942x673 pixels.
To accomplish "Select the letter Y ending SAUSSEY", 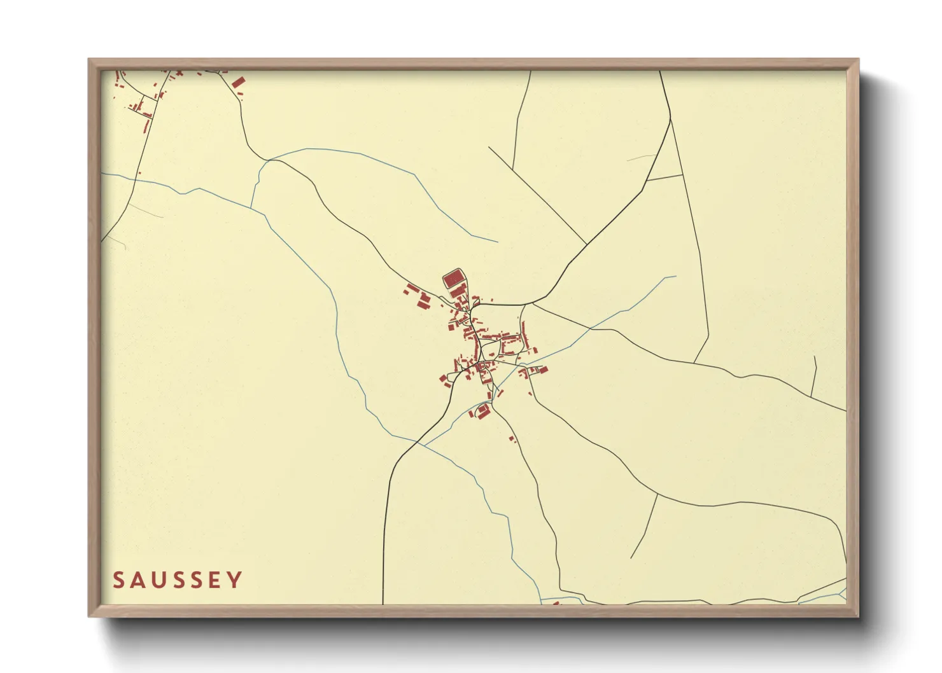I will (236, 580).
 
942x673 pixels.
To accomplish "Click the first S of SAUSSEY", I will (118, 580).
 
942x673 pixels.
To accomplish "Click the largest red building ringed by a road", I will (453, 279).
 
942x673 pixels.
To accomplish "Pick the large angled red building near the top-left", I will (238, 83).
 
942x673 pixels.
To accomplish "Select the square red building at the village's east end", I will (544, 370).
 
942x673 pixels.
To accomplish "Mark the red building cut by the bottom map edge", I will (555, 602).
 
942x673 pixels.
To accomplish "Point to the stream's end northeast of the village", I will (675, 277).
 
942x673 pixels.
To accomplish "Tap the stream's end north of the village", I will (497, 242).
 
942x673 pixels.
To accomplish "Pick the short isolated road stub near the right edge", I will (814, 375).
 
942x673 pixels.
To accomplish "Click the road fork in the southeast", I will (657, 493).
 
